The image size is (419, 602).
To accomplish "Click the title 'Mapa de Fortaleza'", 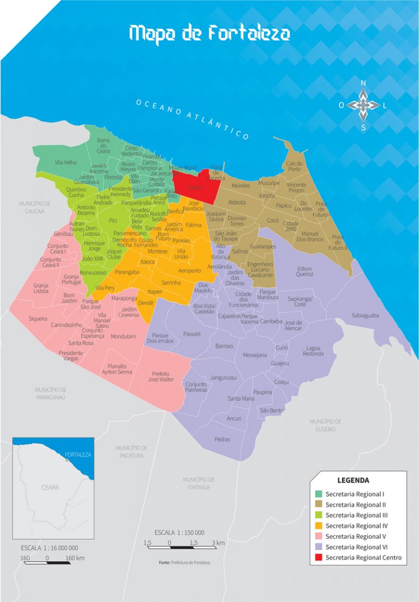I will (209, 34).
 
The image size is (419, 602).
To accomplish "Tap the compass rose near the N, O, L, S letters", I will (363, 105).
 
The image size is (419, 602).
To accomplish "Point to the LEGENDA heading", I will (353, 480).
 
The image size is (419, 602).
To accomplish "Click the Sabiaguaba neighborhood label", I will (365, 315).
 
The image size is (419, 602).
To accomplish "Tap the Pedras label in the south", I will (222, 439).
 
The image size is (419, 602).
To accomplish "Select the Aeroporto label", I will (189, 270).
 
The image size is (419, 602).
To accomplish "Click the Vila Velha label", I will (65, 162).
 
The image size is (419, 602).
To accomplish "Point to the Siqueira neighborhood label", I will (38, 318).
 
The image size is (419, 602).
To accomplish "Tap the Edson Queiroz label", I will (304, 272).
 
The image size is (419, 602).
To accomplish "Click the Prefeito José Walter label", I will (162, 376).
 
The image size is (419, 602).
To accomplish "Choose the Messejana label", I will (255, 355).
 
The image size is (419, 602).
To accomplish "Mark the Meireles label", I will (241, 186).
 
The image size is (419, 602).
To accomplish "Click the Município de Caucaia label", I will (34, 207).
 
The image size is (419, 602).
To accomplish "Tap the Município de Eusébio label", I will (325, 425).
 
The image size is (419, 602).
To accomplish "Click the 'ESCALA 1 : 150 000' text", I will (179, 532).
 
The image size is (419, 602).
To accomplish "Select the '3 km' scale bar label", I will (218, 543).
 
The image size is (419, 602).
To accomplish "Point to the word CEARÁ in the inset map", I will (50, 487).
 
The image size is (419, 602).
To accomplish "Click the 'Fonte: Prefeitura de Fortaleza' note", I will (184, 562).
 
